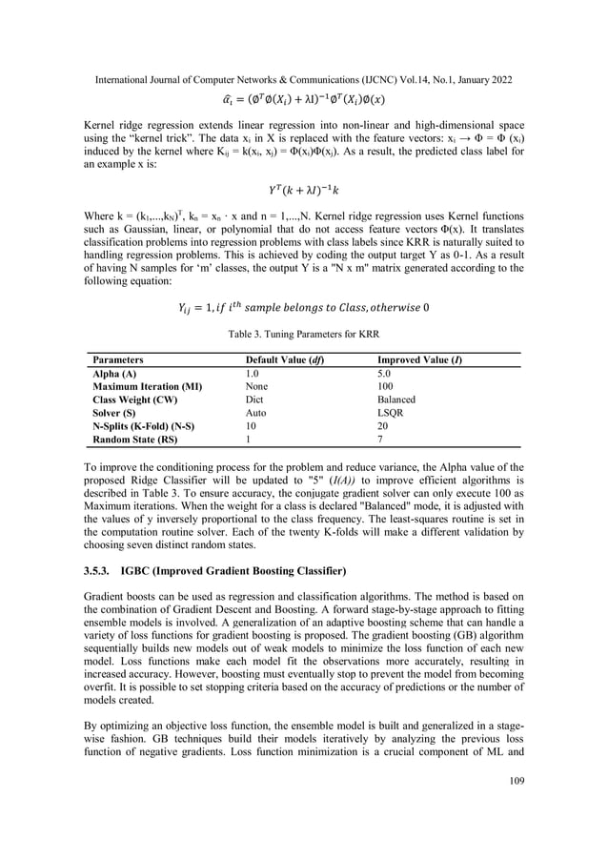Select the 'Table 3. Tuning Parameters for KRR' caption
[x=303, y=334]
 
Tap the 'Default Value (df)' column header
[x=280, y=360]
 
